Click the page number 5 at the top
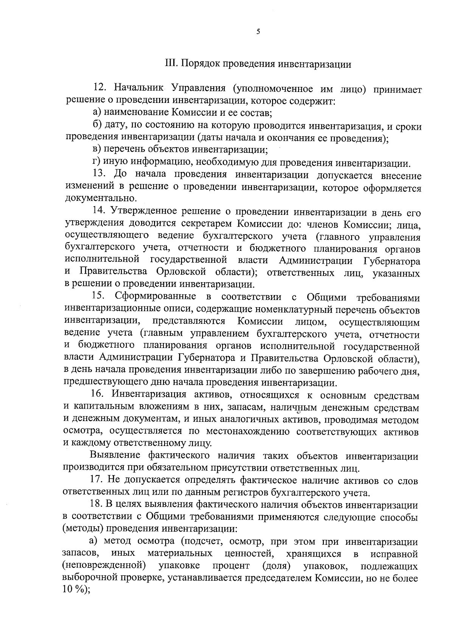tap(258, 32)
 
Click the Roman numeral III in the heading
tap(170, 64)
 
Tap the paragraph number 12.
tap(101, 89)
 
